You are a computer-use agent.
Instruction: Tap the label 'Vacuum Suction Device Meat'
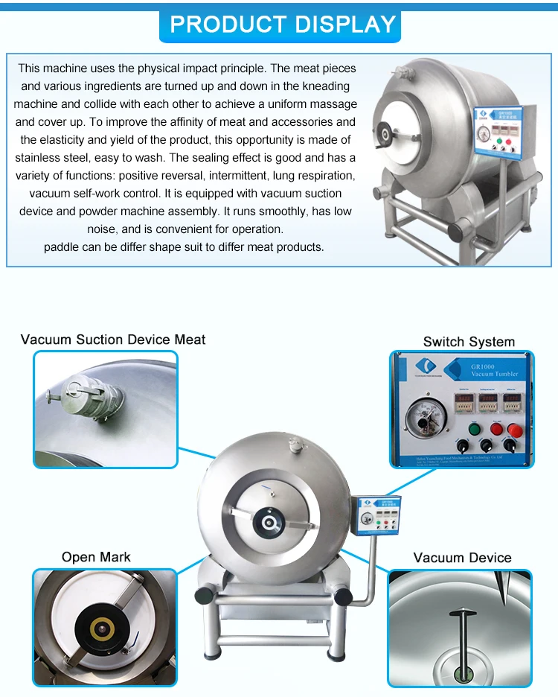tap(113, 340)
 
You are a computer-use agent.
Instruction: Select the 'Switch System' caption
tap(469, 342)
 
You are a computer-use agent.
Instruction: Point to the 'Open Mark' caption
tap(96, 557)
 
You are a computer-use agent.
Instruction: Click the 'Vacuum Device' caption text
tap(462, 558)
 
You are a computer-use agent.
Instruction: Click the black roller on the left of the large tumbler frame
tap(205, 594)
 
